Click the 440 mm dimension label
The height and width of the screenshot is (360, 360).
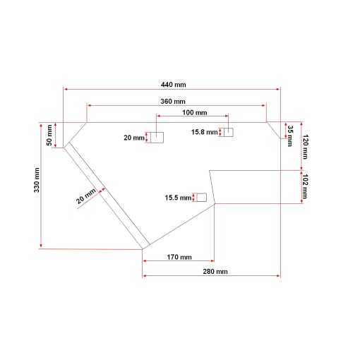tap(173, 85)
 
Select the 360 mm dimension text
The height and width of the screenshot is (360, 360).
tap(173, 102)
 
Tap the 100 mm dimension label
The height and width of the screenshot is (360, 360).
tap(195, 112)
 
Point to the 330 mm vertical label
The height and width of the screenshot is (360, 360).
tap(37, 180)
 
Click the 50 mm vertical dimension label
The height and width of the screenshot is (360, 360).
tap(49, 136)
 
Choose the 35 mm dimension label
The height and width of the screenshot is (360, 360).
tap(290, 136)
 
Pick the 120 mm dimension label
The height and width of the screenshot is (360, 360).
tap(305, 147)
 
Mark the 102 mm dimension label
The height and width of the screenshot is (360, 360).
tap(305, 186)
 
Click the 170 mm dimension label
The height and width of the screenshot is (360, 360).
tap(179, 257)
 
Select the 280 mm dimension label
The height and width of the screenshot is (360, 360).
tap(215, 272)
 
